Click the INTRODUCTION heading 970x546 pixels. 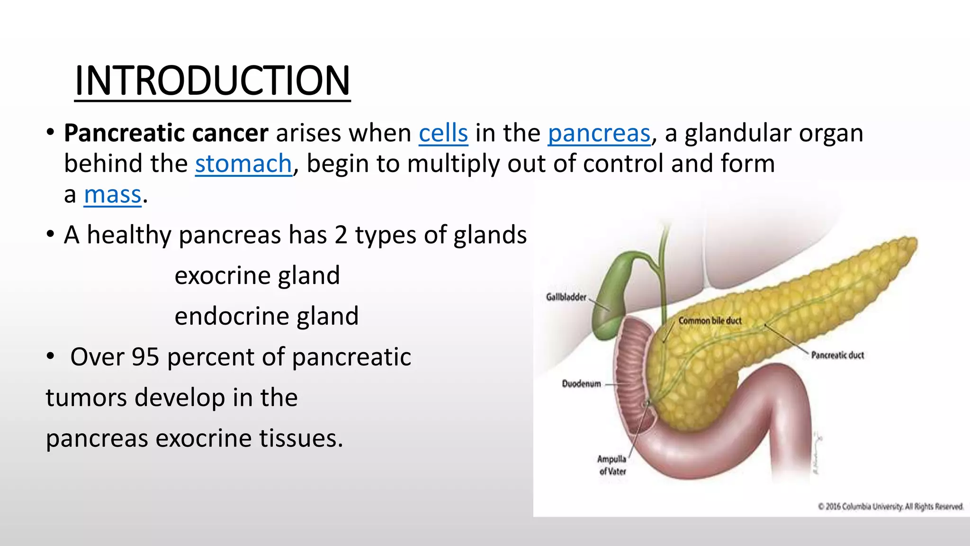(212, 81)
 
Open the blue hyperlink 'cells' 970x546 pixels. (443, 133)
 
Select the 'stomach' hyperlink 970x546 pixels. (243, 164)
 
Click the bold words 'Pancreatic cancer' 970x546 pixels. (166, 133)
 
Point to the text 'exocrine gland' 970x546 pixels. (257, 276)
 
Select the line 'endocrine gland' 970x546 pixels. (267, 317)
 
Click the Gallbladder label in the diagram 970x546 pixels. (566, 297)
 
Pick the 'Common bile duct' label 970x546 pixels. (710, 321)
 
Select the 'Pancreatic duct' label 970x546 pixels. (837, 355)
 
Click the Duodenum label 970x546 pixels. (581, 383)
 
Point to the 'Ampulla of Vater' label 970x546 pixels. (612, 465)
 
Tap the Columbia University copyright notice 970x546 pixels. (890, 507)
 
